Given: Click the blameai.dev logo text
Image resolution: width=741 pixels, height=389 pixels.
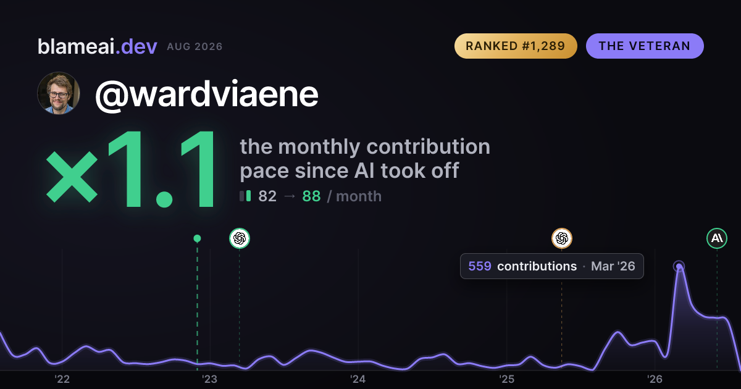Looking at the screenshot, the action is pos(98,46).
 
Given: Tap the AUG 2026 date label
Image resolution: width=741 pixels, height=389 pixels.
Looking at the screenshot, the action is pos(195,47).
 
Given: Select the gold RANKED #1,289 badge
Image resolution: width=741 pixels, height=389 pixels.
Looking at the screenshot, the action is pos(516,46).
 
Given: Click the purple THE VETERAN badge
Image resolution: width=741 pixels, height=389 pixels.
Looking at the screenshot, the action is pos(645,46).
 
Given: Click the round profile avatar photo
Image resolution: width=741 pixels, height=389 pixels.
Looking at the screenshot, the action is pos(59,93).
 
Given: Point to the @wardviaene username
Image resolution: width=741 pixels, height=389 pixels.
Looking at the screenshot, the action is pos(207,94).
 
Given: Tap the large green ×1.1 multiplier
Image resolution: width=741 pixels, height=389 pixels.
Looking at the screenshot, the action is pos(132,169).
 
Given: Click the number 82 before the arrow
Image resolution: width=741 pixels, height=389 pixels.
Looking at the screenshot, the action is pos(267,196).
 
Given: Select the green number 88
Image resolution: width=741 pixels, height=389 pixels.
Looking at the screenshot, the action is pos(311,196).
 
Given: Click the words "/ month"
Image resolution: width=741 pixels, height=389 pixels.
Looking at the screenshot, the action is pos(354,196).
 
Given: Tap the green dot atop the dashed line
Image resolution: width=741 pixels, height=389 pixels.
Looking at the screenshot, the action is pos(197,238).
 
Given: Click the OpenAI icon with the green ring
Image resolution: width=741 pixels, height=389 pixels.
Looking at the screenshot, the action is pos(240,238).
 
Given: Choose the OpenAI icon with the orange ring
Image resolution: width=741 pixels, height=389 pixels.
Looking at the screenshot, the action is pos(562,238).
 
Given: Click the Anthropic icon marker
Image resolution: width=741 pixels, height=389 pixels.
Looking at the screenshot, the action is pos(717,238).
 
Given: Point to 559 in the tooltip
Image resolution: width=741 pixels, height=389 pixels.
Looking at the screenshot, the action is pos(480,266).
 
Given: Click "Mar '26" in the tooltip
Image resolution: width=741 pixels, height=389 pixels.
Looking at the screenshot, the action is pos(613,266).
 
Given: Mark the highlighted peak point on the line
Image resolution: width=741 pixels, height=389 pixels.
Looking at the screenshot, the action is pos(679,266).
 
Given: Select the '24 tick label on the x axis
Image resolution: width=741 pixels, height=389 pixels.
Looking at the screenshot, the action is pos(358,379).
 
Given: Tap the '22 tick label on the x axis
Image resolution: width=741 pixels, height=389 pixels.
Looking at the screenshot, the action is pos(62,379).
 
